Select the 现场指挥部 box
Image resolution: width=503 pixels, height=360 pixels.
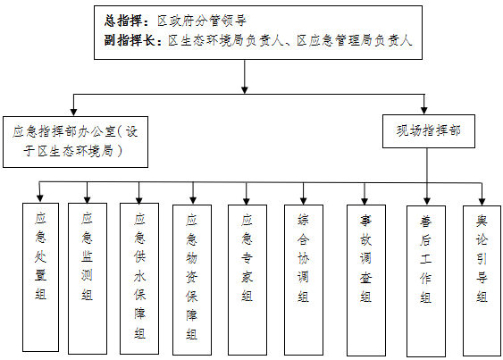point(429,131)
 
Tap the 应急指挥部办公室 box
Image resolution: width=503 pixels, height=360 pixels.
point(75,142)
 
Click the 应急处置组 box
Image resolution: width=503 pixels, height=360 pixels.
point(40,277)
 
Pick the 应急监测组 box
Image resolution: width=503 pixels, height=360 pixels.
point(88,279)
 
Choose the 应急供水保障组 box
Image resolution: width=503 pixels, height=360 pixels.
point(139,279)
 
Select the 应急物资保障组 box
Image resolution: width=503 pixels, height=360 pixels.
point(192,280)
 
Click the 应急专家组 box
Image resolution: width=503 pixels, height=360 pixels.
point(247,280)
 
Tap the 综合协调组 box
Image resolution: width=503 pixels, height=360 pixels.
point(304,280)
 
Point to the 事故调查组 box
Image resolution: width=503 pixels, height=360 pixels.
point(366,280)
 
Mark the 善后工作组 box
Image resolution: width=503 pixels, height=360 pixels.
point(426,281)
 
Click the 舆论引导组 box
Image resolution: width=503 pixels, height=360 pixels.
point(482,281)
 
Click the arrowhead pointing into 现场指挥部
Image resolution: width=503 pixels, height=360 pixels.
point(424,111)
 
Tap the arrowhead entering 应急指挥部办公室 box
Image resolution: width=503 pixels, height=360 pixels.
point(73,112)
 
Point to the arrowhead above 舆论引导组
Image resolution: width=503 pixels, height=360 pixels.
point(482,202)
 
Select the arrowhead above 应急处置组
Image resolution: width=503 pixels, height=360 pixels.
point(40,198)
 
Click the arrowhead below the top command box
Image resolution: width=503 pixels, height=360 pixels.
point(245,90)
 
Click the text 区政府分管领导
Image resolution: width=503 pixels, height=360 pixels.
point(202,21)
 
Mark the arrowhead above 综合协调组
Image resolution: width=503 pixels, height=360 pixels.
point(303,201)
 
